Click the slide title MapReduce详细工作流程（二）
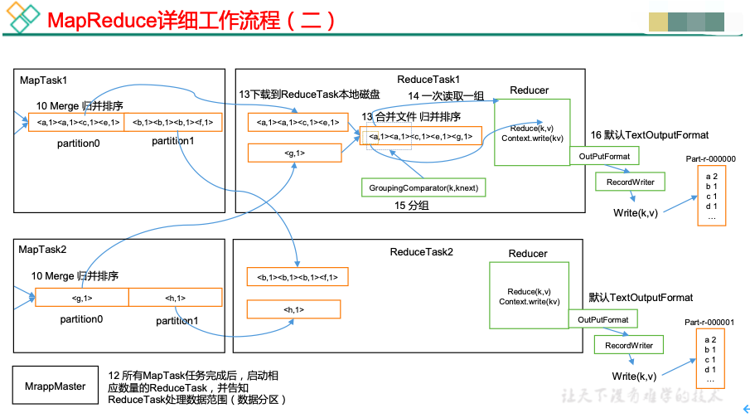pos(192,21)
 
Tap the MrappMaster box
pos(55,386)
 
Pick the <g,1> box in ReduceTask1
pos(294,153)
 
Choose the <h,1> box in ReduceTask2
pos(293,309)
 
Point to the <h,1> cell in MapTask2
pos(175,298)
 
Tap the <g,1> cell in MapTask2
pos(82,298)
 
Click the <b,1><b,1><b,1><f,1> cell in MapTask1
pos(172,123)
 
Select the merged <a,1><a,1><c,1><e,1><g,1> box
pos(421,136)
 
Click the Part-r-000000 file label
pos(710,158)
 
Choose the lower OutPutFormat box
pos(603,319)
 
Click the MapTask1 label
pos(44,80)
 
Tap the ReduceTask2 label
pos(421,251)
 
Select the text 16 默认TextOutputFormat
pos(649,135)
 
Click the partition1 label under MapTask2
pos(177,320)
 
